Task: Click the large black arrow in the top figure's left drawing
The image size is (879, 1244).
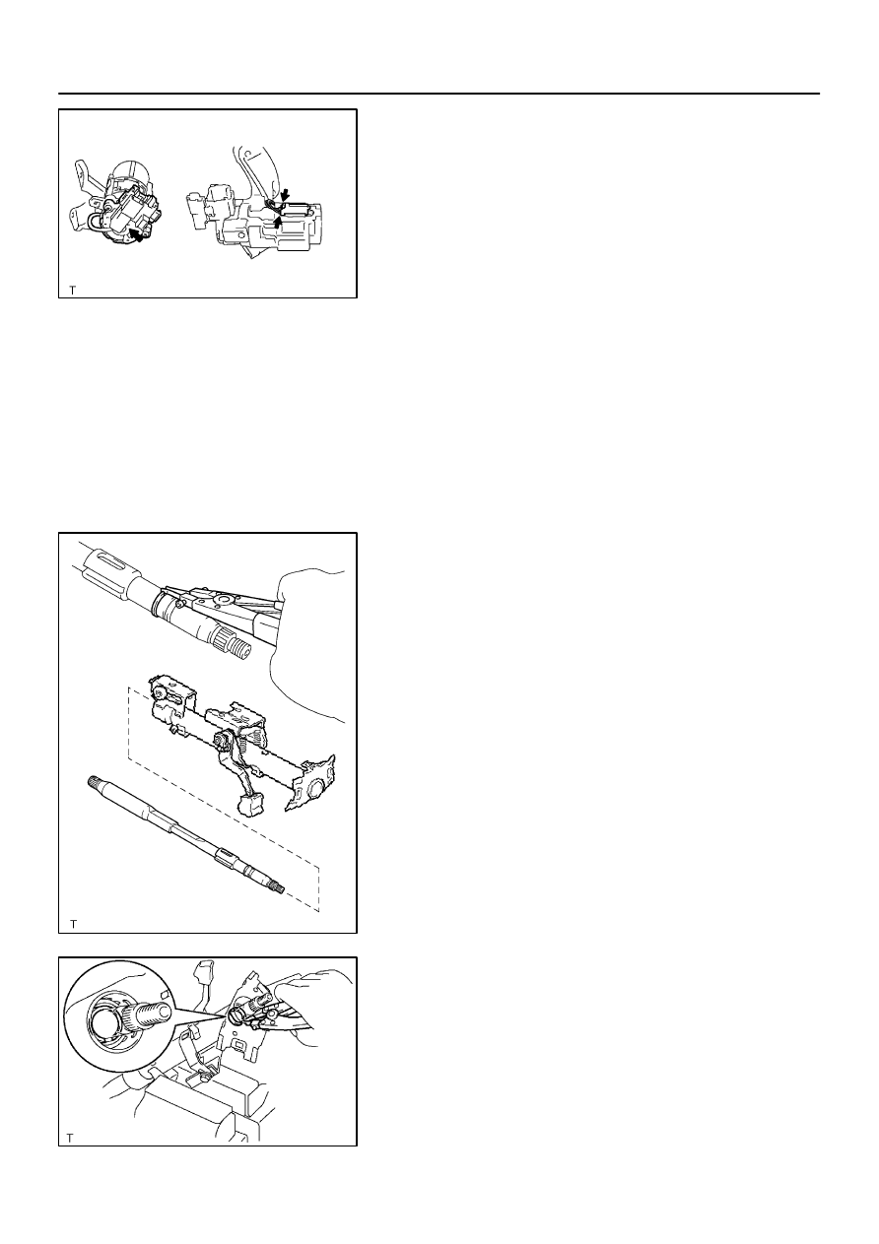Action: (x=136, y=234)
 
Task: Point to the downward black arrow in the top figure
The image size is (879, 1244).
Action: (x=285, y=195)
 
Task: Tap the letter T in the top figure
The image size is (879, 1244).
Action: (x=72, y=290)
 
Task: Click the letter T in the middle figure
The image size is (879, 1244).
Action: (x=73, y=925)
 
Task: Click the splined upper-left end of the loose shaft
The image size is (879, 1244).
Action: (x=94, y=782)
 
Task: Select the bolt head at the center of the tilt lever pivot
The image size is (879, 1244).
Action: (x=221, y=739)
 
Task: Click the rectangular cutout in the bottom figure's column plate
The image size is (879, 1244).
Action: (x=240, y=1047)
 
